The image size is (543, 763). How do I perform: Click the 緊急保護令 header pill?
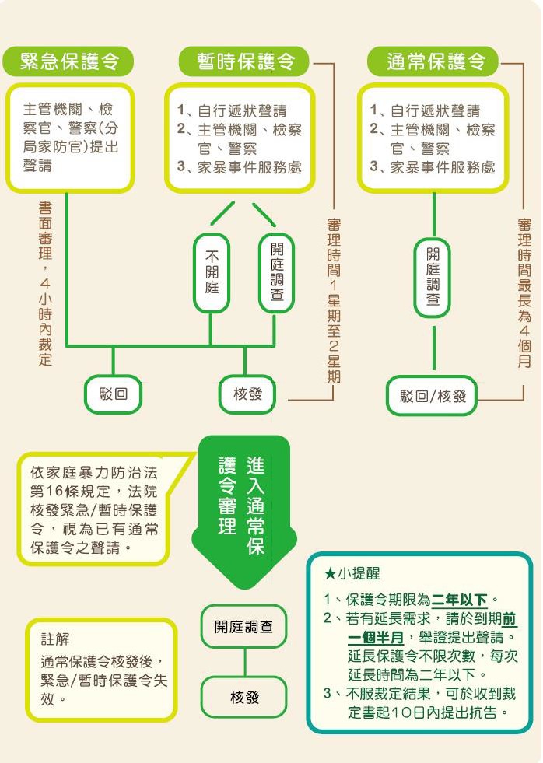coord(68,61)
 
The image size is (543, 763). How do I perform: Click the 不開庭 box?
coord(212,272)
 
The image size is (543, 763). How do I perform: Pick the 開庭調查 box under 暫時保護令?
coord(276,272)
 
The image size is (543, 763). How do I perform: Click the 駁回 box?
coord(114,394)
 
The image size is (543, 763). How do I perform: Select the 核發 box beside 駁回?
coord(247,394)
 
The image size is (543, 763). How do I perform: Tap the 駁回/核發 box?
coord(433,396)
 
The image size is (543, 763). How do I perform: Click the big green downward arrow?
coord(244,513)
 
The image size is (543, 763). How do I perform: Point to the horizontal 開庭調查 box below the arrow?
coord(243,627)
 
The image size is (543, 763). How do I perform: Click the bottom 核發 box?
coord(243,698)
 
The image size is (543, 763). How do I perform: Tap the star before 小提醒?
coord(329,574)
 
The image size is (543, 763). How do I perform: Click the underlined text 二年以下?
coord(459,600)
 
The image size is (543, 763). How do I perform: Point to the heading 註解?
coord(55,639)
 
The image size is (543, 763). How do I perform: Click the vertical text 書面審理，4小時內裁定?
coord(45,284)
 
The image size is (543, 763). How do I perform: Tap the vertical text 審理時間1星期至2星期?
coord(334,300)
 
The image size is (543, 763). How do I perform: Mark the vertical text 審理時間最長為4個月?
coord(524,293)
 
